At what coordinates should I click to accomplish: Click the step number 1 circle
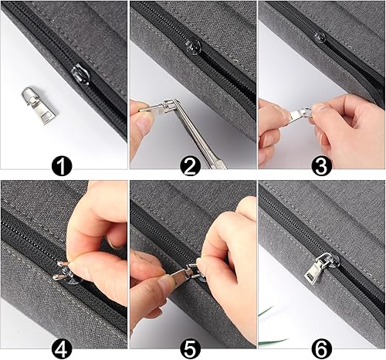[x=62, y=166]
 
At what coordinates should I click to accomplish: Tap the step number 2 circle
[x=191, y=166]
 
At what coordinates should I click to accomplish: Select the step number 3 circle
[x=321, y=166]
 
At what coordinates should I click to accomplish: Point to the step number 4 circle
[x=62, y=348]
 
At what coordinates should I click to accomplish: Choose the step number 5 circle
[x=191, y=348]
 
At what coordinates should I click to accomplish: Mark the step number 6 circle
[x=321, y=348]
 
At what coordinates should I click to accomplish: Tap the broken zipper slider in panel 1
[x=80, y=75]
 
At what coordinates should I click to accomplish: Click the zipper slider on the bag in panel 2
[x=193, y=47]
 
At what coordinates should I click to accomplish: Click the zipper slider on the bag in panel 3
[x=320, y=37]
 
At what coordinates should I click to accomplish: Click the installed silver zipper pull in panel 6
[x=319, y=269]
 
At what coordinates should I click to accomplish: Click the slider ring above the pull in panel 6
[x=327, y=260]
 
